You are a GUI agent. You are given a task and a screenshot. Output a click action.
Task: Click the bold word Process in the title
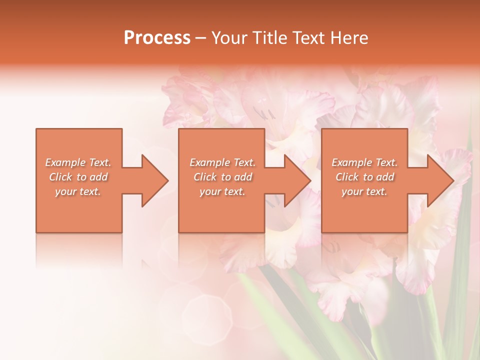click(157, 38)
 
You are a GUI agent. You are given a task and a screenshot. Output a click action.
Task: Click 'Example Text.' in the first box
click(78, 162)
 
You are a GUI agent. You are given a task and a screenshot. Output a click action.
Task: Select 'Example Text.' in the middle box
click(222, 162)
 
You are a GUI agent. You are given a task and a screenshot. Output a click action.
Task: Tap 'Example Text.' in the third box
click(364, 162)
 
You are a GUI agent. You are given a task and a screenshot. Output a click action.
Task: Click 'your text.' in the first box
click(78, 191)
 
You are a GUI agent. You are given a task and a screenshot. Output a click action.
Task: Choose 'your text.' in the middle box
click(222, 191)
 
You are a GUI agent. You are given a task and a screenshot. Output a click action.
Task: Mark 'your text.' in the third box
click(364, 191)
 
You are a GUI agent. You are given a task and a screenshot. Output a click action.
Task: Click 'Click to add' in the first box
click(78, 177)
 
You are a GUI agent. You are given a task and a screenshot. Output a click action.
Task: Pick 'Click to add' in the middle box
click(222, 177)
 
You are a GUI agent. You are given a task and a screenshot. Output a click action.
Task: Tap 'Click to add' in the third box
click(364, 177)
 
